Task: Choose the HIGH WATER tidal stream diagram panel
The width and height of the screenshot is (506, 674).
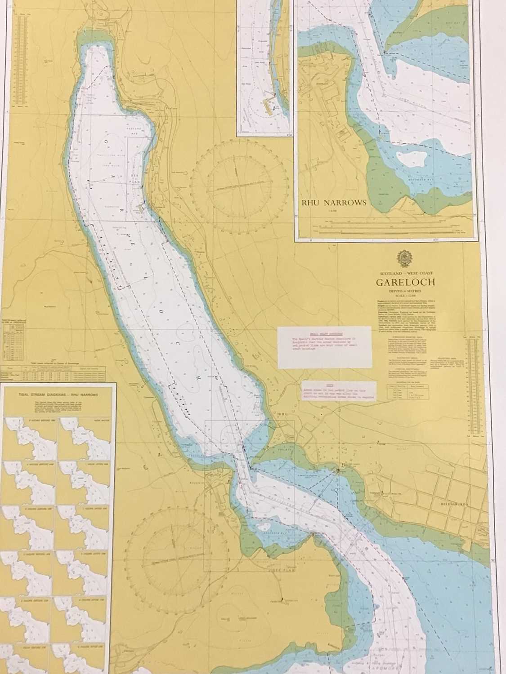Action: pyautogui.click(x=84, y=431)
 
